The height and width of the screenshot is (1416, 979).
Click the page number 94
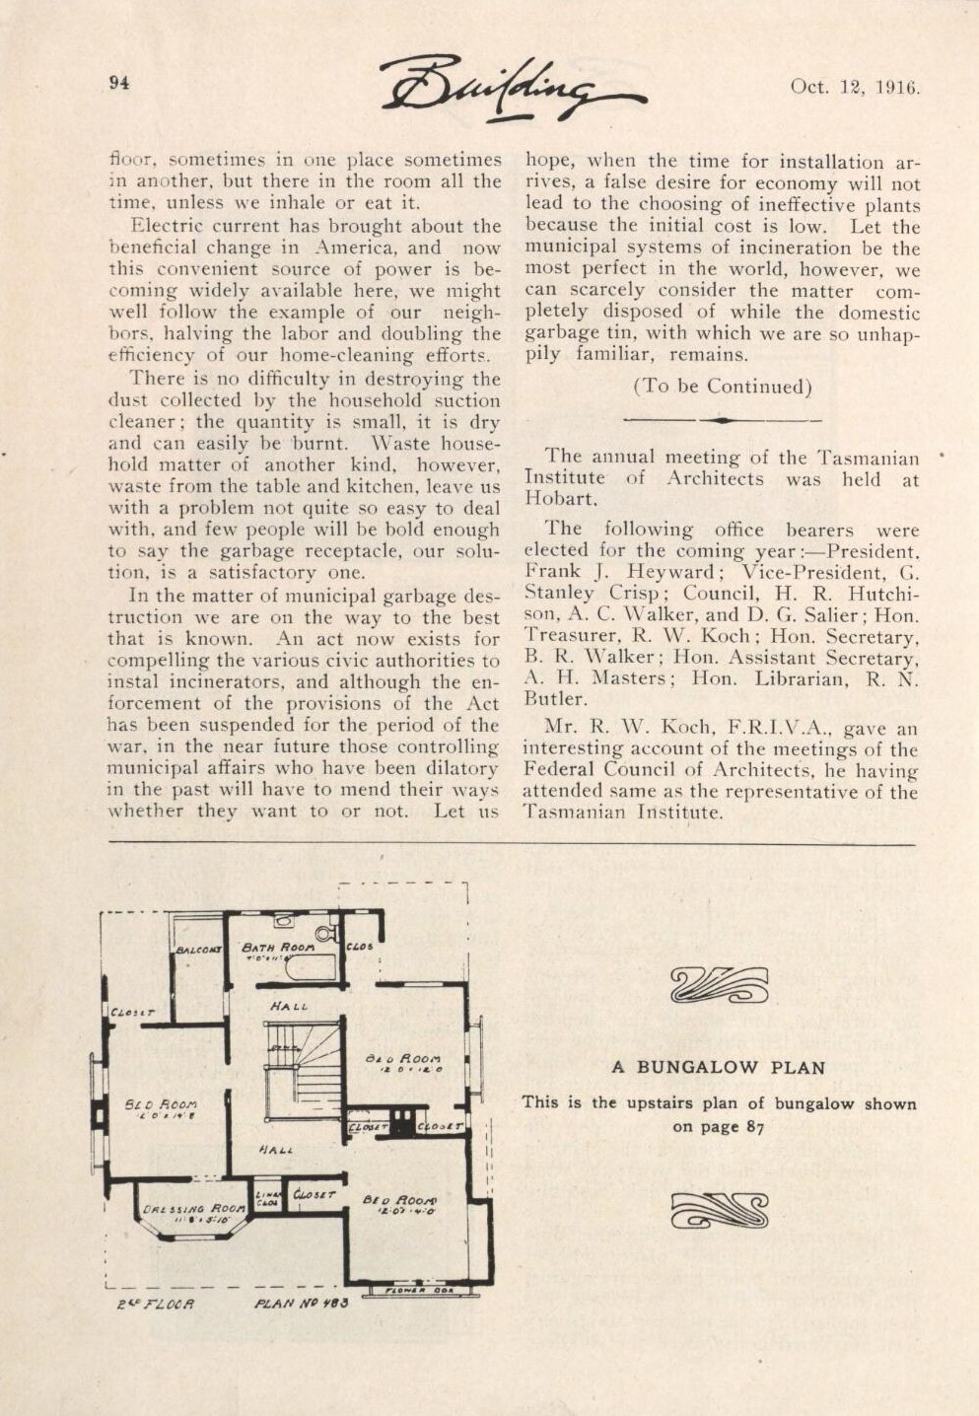click(119, 83)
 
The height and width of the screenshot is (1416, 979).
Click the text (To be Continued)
click(722, 387)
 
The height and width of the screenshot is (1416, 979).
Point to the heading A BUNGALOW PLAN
click(718, 1067)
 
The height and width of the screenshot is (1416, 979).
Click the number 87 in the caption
click(754, 1126)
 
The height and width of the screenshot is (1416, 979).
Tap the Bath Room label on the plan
click(278, 946)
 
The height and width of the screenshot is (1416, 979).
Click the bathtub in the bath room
click(310, 968)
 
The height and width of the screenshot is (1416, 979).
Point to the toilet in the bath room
click(324, 934)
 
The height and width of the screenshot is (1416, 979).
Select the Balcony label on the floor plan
click(198, 951)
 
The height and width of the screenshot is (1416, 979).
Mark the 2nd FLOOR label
click(156, 1304)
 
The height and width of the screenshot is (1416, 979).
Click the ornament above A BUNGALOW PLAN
click(718, 984)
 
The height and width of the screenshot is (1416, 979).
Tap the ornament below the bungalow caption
click(719, 1210)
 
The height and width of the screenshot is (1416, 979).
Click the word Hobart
click(560, 499)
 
